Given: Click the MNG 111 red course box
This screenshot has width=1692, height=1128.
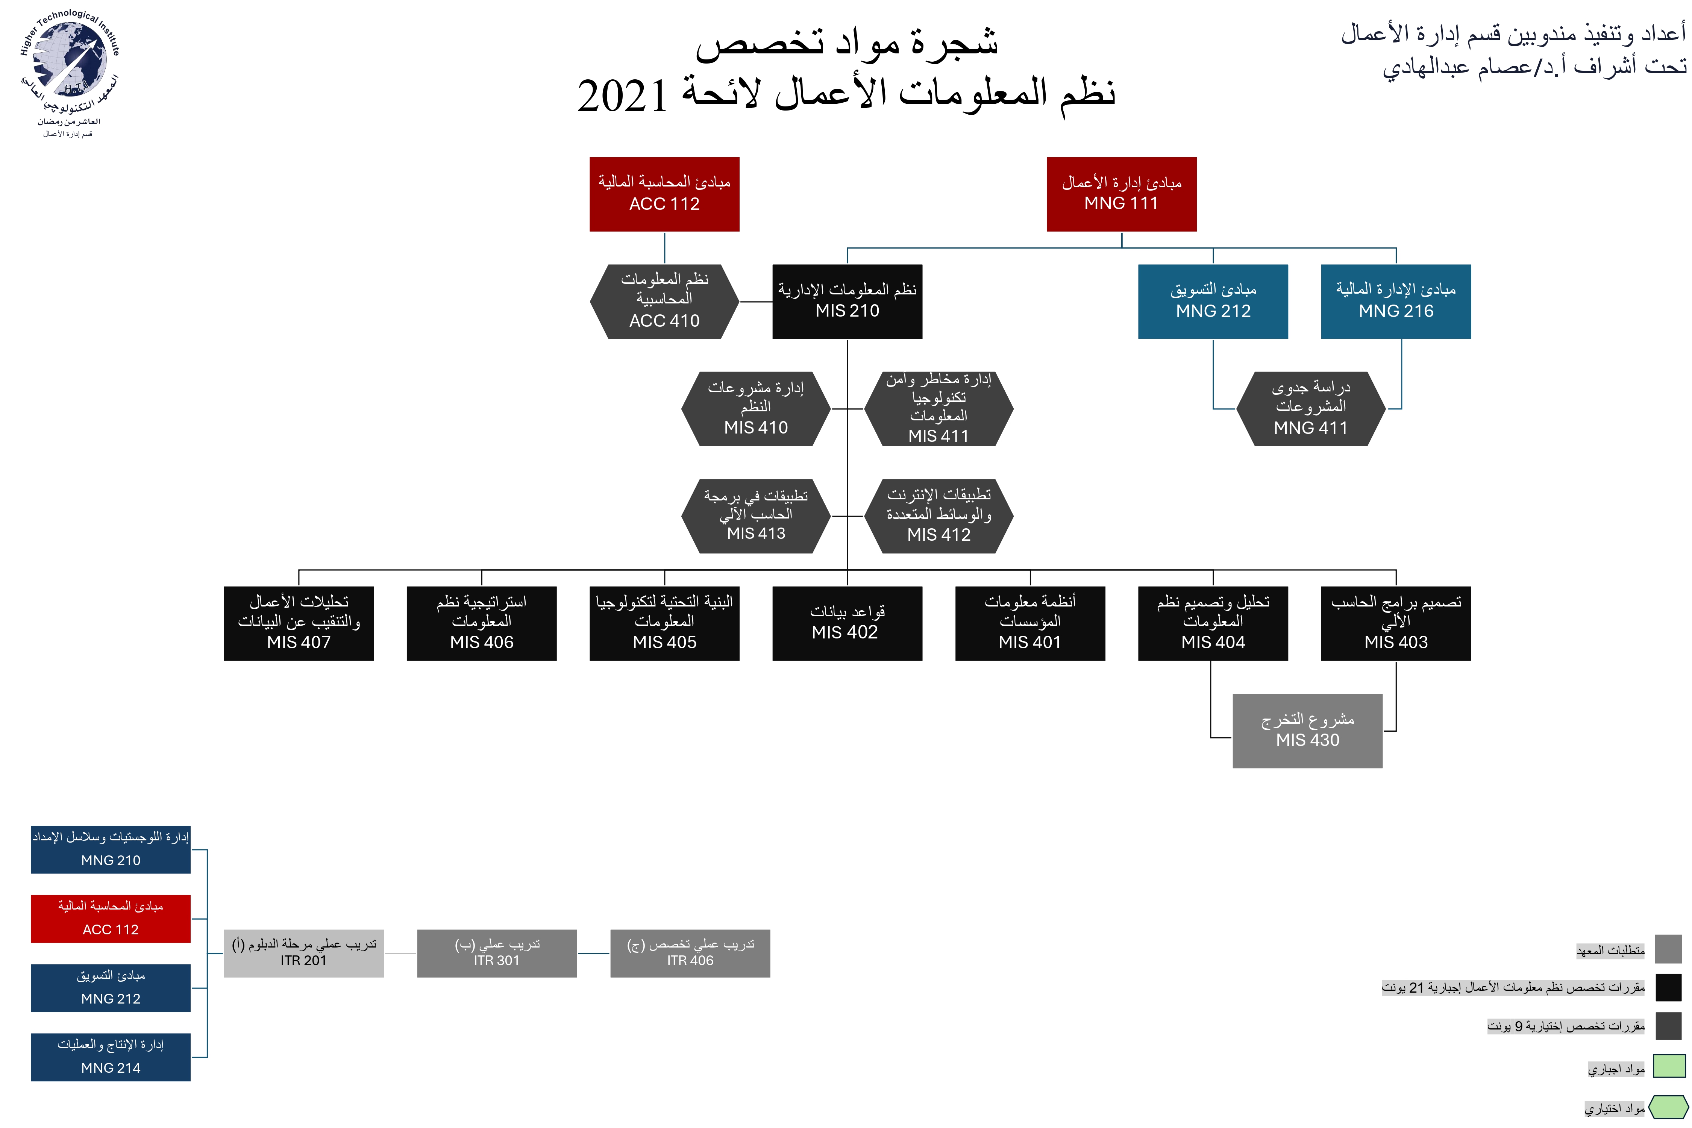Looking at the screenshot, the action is point(1122,194).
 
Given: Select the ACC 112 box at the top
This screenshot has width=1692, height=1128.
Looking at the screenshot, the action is point(664,194).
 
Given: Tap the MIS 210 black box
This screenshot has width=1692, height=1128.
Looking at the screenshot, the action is point(848,302).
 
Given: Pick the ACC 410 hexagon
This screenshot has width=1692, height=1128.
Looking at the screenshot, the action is point(664,302).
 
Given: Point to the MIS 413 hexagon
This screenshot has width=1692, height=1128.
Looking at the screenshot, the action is point(756,516).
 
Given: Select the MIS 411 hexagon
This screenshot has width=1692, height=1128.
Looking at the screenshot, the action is point(939,409).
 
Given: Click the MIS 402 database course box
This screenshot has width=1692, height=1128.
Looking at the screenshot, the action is point(848,623).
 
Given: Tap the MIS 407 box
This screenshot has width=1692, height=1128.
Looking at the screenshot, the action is point(299,623).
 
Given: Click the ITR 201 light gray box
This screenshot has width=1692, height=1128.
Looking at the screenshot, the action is point(303,953).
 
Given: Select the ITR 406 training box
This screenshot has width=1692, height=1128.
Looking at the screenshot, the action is point(690,953).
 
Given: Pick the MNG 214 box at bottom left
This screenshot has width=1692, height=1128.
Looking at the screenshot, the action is point(111,1057).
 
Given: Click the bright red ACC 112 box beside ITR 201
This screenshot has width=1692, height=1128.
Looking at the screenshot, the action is point(111,919).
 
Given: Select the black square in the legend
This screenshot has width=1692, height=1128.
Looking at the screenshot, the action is point(1668,987).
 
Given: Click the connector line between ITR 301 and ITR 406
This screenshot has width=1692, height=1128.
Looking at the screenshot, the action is point(593,953).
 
